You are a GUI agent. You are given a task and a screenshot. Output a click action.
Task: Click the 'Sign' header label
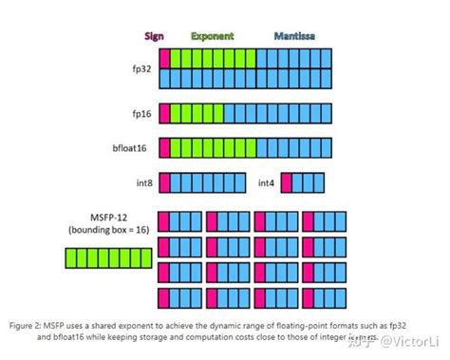point(154,37)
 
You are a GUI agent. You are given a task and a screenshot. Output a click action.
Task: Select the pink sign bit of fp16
point(164,113)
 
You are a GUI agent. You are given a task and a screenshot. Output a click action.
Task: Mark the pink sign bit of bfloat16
point(164,147)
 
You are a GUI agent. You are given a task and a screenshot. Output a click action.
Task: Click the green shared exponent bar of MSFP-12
point(104,257)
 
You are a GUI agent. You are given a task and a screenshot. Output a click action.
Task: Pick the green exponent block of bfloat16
point(219,147)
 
